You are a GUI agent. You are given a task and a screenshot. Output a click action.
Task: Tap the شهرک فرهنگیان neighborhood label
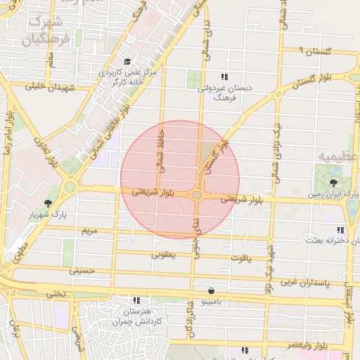(x=46, y=29)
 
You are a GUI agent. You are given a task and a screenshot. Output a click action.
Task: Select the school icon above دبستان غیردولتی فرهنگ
(x=224, y=77)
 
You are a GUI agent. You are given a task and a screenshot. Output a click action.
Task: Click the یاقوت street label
(x=238, y=258)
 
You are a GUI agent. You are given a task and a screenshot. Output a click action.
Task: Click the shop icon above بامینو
(x=212, y=290)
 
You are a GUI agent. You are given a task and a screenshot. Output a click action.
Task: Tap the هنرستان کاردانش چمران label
(x=135, y=316)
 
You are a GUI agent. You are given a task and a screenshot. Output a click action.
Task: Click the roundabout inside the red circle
(x=198, y=194)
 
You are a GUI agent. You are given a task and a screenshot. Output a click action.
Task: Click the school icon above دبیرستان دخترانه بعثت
(x=341, y=230)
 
